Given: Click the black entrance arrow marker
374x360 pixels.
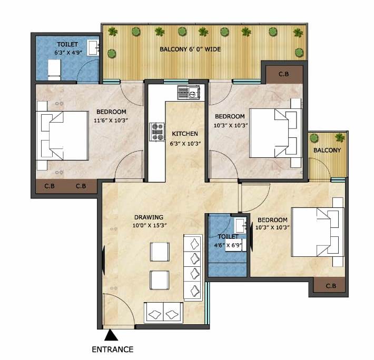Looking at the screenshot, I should point(111,335).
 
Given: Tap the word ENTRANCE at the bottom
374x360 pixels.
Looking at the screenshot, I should point(112,349).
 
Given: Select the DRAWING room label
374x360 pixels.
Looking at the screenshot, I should point(148,217).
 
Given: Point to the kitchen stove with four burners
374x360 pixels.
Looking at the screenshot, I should point(158,131).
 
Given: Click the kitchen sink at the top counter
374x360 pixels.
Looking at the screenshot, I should point(189,93).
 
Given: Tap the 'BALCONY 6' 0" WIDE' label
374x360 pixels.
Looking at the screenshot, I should point(190,49).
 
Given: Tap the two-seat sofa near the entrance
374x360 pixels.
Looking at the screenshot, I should point(163,314).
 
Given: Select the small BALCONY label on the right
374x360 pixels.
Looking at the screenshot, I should point(327,150).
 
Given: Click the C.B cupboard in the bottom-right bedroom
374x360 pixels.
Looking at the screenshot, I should point(331,286).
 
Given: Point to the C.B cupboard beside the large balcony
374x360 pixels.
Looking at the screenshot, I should point(283,74).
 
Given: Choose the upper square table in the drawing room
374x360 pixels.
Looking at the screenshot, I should point(159,252).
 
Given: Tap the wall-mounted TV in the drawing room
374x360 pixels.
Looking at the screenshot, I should point(104,261).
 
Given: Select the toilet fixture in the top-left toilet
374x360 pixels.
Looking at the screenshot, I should point(55,69).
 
